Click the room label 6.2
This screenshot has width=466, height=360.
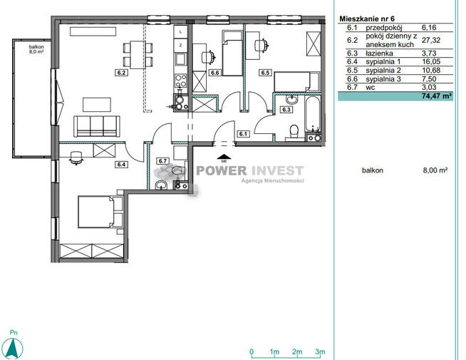point(121,73)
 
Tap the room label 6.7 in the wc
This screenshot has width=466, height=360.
point(162,161)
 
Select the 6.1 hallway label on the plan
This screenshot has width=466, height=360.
point(243,134)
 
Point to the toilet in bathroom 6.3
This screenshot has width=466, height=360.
point(294,132)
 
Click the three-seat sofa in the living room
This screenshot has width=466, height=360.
point(97,126)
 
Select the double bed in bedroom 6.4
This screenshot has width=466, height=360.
point(100,212)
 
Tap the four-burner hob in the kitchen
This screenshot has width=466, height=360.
point(181,80)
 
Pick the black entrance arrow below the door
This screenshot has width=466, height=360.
point(224,157)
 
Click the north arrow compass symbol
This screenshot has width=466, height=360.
point(14,347)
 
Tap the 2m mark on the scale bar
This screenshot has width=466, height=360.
point(297,351)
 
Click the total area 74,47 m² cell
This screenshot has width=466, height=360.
point(437,96)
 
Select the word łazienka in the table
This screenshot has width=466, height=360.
point(380,53)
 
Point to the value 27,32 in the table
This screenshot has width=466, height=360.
point(431,40)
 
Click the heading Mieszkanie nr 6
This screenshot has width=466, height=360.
point(367,19)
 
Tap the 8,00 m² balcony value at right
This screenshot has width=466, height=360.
point(435,170)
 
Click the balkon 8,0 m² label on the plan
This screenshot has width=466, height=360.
point(36,49)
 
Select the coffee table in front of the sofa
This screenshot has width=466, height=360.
point(97,105)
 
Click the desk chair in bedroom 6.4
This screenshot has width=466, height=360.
point(76,158)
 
